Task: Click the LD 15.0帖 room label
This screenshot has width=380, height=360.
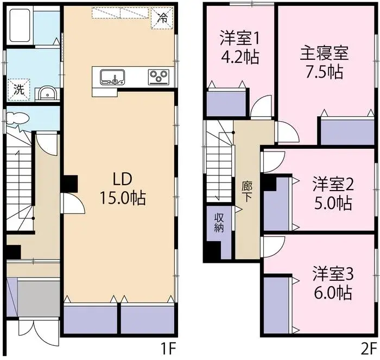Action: pos(122,189)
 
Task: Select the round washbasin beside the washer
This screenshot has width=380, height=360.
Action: pos(47,93)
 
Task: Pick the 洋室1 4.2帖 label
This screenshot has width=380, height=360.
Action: pos(239,47)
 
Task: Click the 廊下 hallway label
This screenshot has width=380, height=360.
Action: pos(246,192)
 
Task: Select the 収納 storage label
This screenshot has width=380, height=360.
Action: pos(219,223)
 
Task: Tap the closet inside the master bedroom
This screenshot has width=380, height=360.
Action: pos(346,131)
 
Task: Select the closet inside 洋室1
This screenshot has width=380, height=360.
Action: pos(226,103)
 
